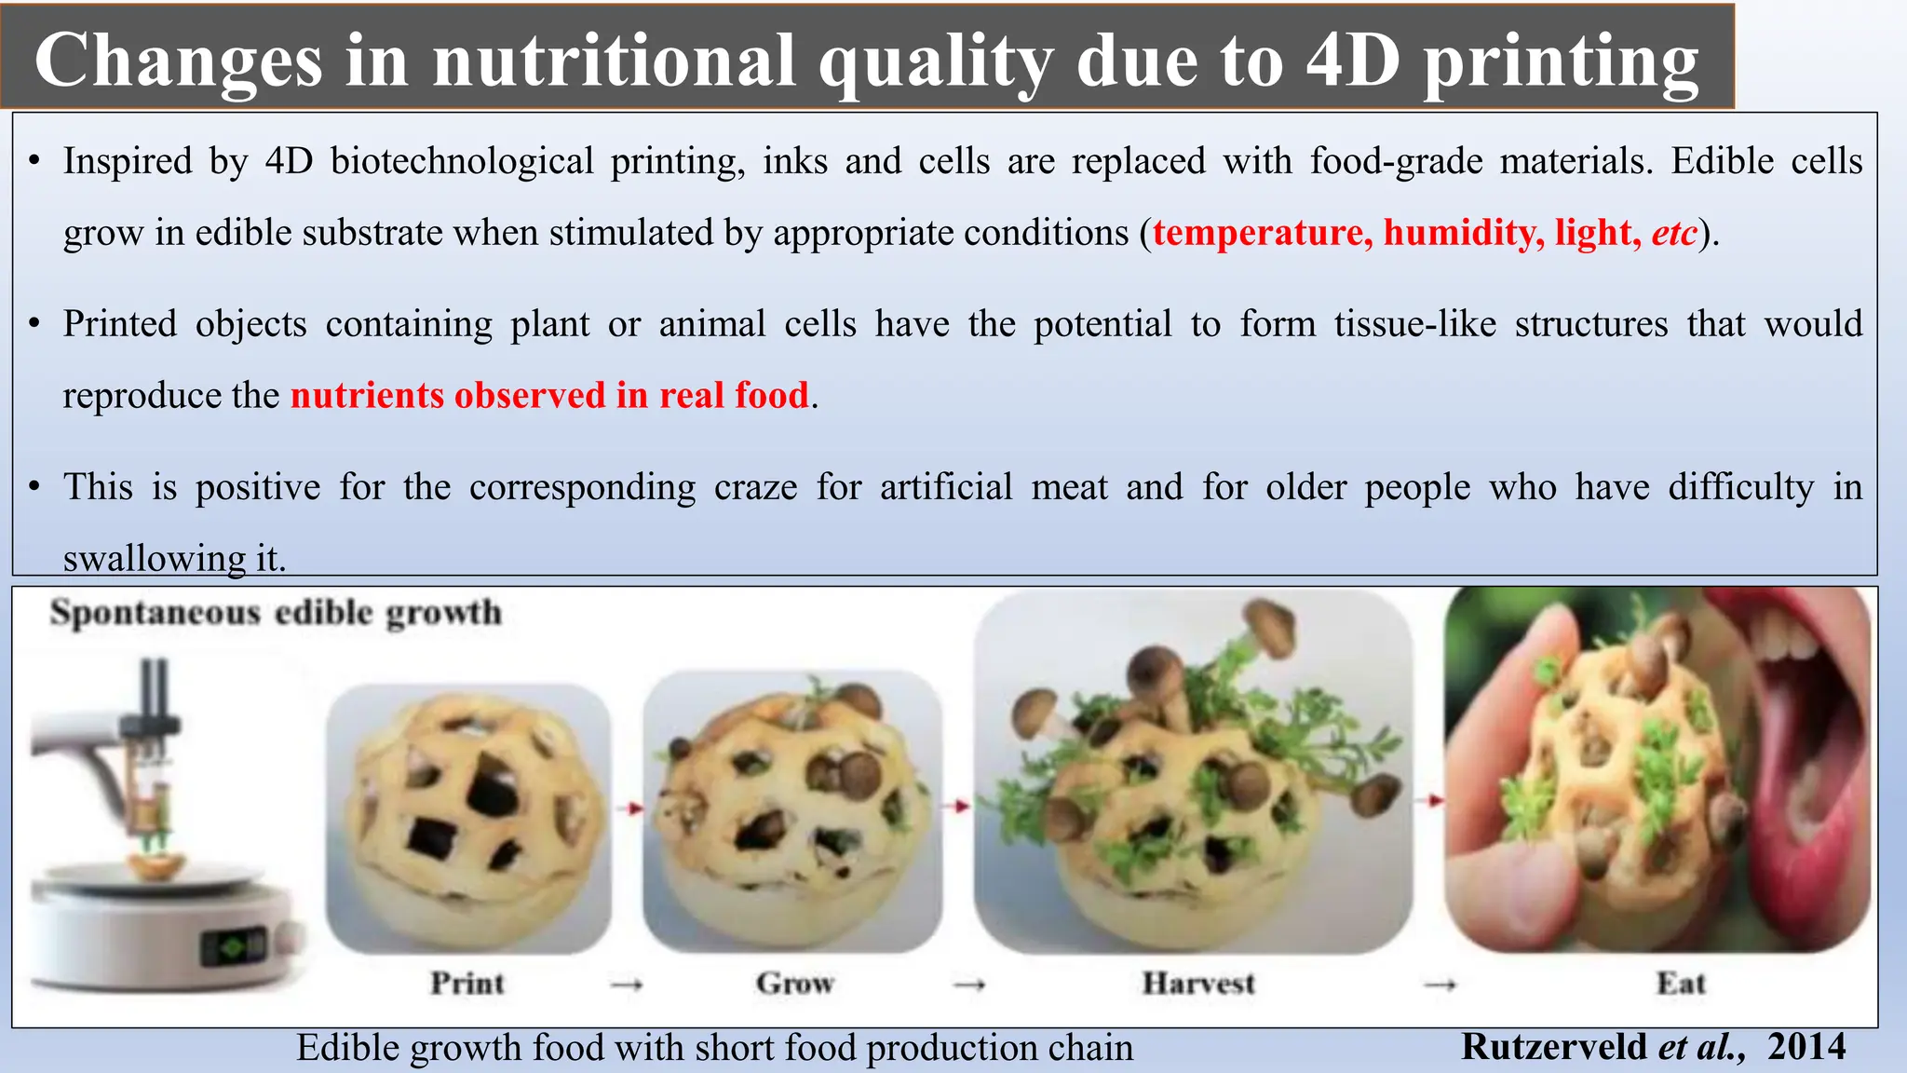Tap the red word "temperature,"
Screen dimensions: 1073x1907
tap(1263, 232)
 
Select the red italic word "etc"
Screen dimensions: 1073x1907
tap(1673, 232)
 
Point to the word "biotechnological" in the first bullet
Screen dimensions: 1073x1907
tap(462, 161)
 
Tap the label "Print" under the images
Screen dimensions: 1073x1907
tap(467, 983)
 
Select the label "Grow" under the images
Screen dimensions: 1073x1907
tap(794, 983)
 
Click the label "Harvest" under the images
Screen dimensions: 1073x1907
tap(1198, 983)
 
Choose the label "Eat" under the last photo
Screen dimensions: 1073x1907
tap(1681, 983)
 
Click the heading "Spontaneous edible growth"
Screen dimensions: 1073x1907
tap(276, 613)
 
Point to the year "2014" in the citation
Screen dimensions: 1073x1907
tap(1806, 1047)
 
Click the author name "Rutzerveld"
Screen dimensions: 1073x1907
tap(1553, 1047)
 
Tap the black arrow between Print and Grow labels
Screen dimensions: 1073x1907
tap(626, 984)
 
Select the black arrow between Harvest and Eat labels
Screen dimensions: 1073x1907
tap(1440, 984)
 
